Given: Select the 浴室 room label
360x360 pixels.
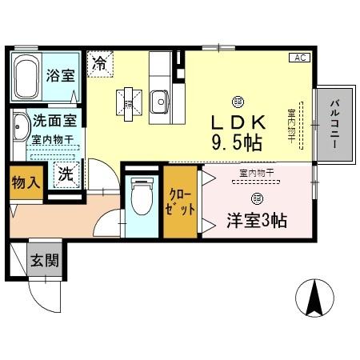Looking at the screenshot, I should [60, 78].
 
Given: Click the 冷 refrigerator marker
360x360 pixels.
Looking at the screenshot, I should [100, 62].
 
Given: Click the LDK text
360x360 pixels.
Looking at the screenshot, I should [237, 123].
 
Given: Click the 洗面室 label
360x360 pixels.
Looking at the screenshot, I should [54, 122].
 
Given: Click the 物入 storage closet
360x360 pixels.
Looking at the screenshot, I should [24, 182].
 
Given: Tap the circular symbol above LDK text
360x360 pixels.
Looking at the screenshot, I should [237, 101].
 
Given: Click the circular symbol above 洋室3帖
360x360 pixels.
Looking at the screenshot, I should [256, 197].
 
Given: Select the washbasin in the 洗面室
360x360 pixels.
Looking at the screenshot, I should [18, 126].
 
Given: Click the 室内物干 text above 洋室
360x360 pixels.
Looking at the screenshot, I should [256, 171].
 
